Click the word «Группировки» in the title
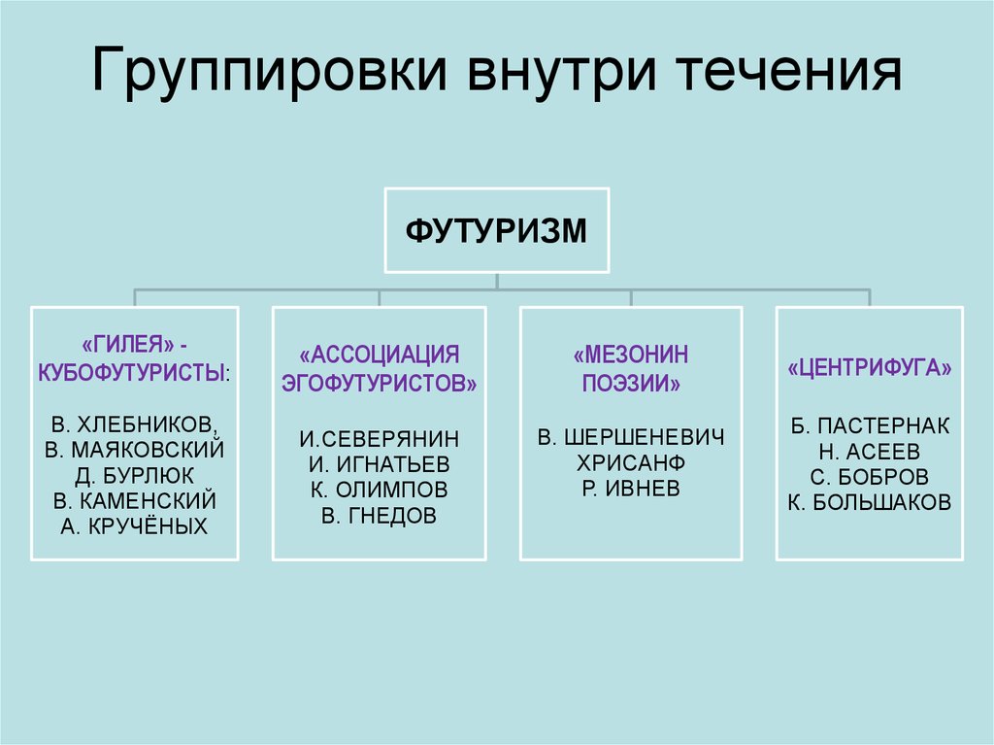point(270,71)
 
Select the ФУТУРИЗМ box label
point(496,230)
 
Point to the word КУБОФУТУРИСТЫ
point(131,373)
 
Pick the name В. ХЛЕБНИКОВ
point(133,424)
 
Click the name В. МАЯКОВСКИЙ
point(134,450)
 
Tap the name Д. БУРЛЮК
point(134,476)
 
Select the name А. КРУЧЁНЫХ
point(134,526)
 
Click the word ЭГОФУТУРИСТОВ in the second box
point(380,384)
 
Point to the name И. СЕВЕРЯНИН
point(380,439)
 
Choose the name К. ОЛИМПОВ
point(380,490)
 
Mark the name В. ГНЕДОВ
point(380,516)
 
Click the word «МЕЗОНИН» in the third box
point(631,355)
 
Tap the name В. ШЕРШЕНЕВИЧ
point(631,437)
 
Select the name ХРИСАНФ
point(631,463)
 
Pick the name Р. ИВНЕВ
point(631,489)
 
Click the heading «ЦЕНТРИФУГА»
point(869,368)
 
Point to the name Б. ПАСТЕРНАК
point(870,425)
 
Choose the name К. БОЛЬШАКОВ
point(869,502)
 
